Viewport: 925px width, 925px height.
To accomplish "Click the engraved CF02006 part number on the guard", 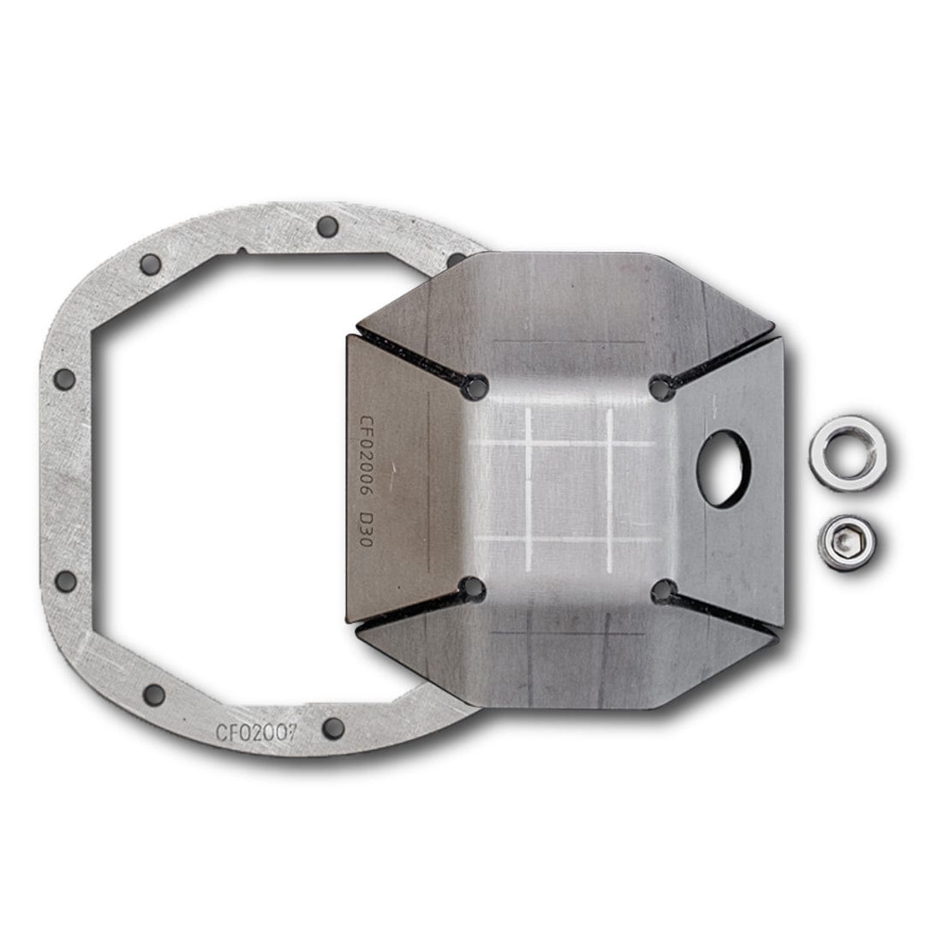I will tap(366, 460).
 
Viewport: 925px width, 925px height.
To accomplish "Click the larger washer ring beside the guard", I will tap(847, 452).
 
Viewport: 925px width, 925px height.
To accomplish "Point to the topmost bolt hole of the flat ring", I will tap(326, 226).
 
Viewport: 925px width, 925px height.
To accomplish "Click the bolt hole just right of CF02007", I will tap(333, 727).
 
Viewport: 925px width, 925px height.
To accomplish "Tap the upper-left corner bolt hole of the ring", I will tap(151, 264).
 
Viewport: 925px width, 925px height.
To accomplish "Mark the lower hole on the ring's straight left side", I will tap(65, 581).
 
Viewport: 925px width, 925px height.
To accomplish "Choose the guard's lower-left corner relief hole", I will tap(472, 588).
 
